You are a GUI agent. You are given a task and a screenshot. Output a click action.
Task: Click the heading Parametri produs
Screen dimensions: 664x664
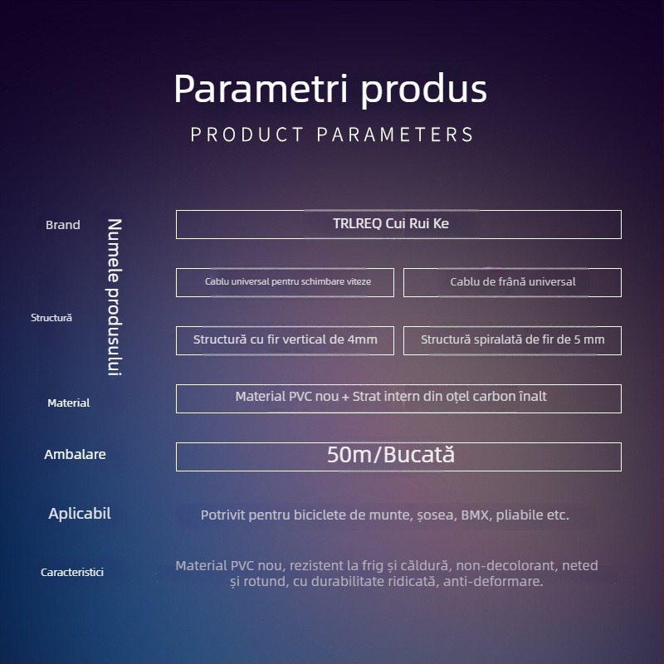point(330,90)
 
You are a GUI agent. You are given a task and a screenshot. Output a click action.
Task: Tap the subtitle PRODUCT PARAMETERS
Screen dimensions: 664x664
point(332,134)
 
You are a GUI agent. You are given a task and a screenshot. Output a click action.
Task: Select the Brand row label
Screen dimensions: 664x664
point(63,225)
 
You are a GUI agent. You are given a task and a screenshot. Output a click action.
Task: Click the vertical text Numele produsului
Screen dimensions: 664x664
point(115,297)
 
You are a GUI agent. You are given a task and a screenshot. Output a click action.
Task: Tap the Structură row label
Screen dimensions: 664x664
point(51,318)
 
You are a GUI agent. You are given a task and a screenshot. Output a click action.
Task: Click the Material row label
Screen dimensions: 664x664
point(69,403)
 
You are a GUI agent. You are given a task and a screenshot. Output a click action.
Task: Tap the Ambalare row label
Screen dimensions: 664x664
point(75,454)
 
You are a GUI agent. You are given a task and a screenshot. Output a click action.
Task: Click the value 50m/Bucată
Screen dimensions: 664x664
point(391,455)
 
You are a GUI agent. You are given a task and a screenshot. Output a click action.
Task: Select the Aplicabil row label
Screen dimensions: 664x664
point(80,514)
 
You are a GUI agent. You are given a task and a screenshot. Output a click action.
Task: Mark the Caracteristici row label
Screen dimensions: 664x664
point(72,572)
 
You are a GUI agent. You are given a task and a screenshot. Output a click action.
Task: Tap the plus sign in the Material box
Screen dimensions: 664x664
point(345,397)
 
